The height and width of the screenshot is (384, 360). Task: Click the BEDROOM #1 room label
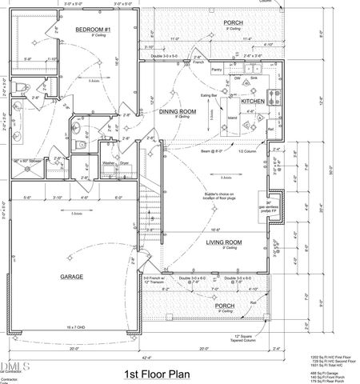(92, 29)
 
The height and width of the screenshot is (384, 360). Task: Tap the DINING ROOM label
(178, 111)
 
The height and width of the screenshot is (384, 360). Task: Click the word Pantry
(216, 71)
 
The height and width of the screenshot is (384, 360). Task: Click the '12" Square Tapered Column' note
(234, 338)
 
